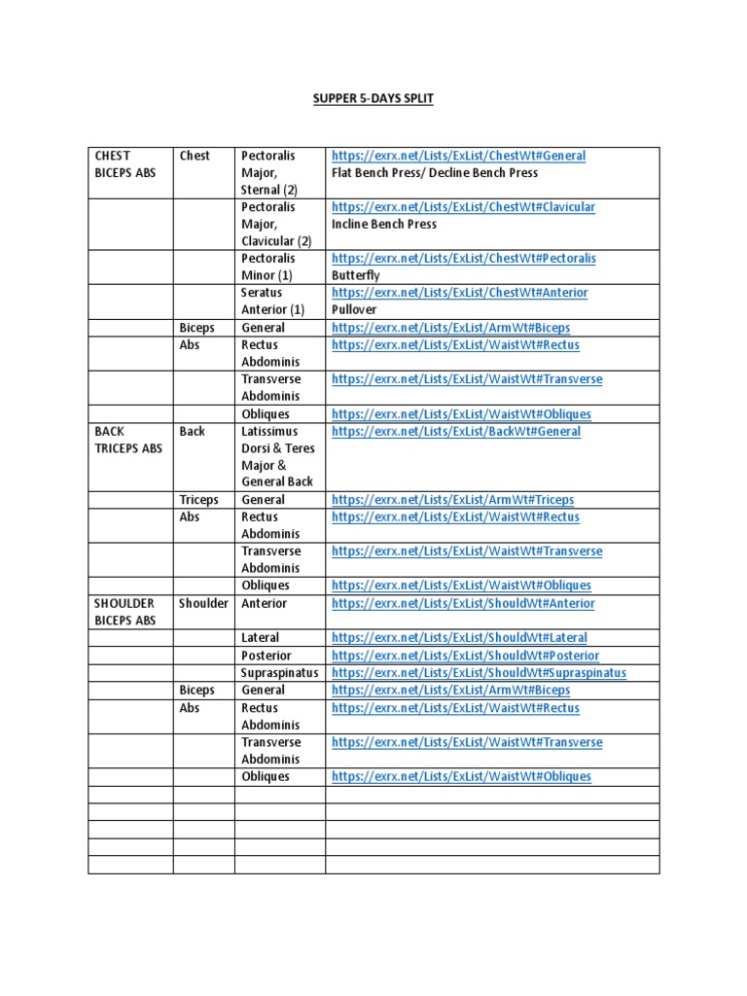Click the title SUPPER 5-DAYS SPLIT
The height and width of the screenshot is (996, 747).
pos(373,99)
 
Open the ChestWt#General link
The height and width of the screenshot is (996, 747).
pos(458,156)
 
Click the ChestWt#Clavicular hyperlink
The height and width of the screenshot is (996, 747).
pos(463,207)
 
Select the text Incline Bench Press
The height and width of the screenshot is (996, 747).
pos(384,224)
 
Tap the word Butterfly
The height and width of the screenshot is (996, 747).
pos(354,275)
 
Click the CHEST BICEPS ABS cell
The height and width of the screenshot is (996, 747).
pos(124,164)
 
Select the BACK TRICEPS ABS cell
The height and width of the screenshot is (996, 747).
pos(128,440)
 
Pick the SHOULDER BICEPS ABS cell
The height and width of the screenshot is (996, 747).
pos(125,612)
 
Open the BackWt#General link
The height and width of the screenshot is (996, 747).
pos(456,431)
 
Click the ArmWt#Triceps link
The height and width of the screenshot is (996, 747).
pos(452,500)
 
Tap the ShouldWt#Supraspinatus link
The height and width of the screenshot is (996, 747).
pos(479,672)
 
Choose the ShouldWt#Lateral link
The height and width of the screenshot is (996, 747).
pos(459,638)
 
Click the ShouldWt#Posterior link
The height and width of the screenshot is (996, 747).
pos(465,656)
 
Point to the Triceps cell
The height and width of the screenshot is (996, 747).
pos(199,500)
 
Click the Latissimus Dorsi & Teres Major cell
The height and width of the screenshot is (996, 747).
pos(278,456)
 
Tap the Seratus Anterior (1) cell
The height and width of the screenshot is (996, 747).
pos(272,301)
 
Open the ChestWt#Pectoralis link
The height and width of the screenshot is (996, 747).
pos(463,259)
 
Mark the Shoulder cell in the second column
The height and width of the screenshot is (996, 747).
pos(203,603)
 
